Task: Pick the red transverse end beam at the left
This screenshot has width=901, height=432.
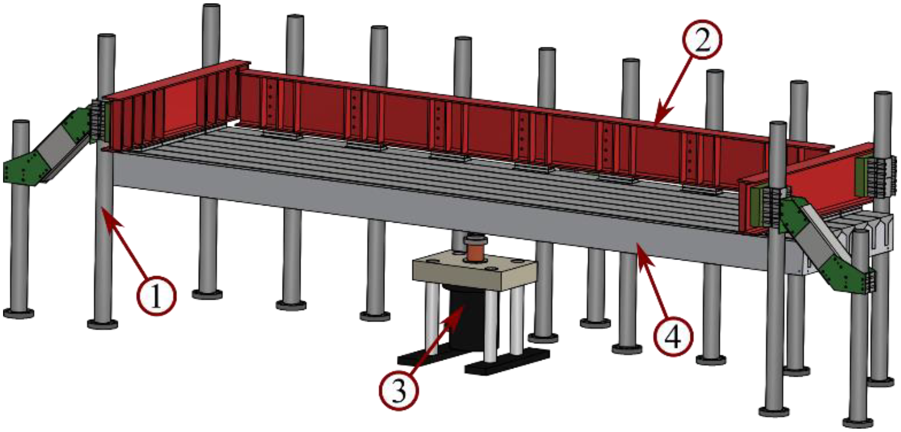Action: click(x=172, y=105)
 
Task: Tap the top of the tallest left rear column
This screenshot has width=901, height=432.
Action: click(x=211, y=7)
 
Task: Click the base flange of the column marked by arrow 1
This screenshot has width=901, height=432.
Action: click(x=103, y=324)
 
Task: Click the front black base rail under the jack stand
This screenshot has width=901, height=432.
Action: click(x=507, y=363)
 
